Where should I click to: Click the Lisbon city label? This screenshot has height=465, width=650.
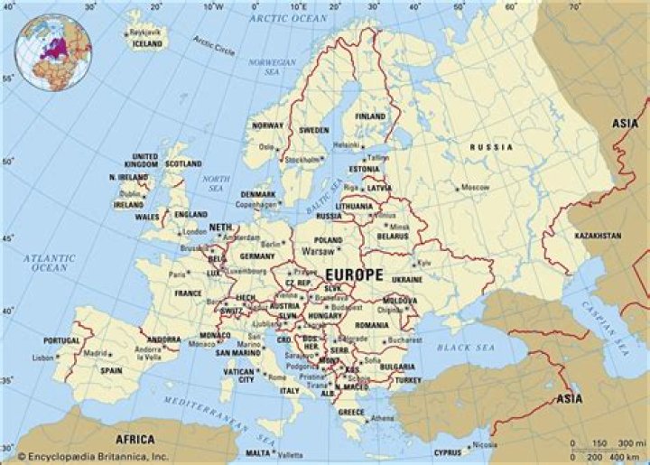43,358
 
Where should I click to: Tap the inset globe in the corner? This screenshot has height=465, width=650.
57,53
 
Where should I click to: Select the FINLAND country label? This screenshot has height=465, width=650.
369,116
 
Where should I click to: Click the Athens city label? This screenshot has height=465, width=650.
383,418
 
